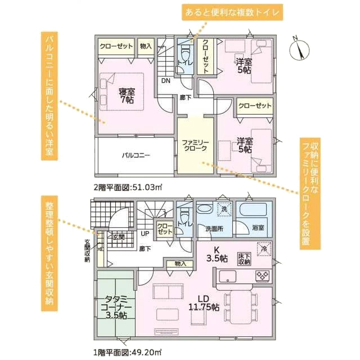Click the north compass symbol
tap(299, 49)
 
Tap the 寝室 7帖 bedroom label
tap(127, 96)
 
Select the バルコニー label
tap(136, 155)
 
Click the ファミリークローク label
tap(195, 145)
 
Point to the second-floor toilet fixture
tap(184, 51)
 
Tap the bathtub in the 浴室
tap(253, 210)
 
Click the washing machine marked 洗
tap(224, 209)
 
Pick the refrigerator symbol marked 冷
tap(264, 249)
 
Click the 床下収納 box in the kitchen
tap(244, 259)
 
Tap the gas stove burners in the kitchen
tap(263, 276)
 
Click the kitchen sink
tap(228, 276)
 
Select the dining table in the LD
tap(241, 307)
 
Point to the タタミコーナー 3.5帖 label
tap(116, 307)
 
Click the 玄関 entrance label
tap(119, 237)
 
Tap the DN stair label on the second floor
tap(166, 80)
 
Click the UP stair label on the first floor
tap(145, 234)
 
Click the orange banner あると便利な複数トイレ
tap(232, 12)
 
